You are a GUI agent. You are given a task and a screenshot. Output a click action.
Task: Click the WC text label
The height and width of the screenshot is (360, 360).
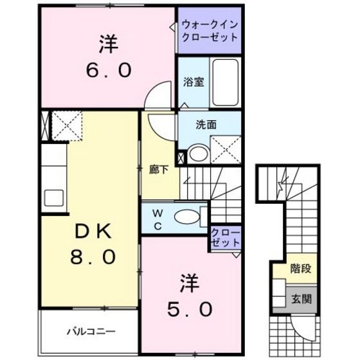pyautogui.click(x=156, y=218)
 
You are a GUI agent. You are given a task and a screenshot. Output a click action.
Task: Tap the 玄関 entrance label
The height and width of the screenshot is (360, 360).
pyautogui.click(x=300, y=299)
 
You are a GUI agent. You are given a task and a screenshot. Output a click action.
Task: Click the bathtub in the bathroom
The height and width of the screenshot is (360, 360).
pyautogui.click(x=225, y=82)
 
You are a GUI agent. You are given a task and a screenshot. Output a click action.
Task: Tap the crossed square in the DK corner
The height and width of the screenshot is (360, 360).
pyautogui.click(x=66, y=124)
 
